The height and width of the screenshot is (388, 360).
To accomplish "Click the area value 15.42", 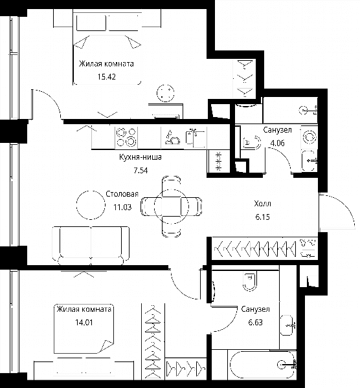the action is coord(107,77).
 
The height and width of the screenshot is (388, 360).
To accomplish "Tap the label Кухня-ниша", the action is coord(141,157).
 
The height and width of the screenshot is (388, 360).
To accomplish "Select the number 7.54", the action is coord(141,171).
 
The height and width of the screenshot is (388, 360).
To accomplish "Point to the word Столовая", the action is coord(122,194).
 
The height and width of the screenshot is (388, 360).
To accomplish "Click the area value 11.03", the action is coord(122,207).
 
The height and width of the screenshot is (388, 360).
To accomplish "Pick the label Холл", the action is coord(262,204).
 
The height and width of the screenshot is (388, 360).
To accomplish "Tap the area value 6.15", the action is coord(263,217).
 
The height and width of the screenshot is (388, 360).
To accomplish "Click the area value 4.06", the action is coord(277,143).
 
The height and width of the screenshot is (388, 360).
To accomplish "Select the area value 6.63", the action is coord(255,323).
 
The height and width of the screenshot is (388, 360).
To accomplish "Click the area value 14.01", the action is coord(84,323).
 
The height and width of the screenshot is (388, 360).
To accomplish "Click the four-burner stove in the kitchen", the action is coord(126,137).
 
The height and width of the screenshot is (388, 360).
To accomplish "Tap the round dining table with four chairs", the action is coord(171,206).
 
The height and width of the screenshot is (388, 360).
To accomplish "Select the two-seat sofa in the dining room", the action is coord(91,246).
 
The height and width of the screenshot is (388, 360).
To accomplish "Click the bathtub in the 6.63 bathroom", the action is coord(263,364).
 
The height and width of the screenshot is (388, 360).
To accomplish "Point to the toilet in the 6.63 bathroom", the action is coord(250,281).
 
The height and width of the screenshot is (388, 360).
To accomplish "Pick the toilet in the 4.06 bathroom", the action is coord(251,142).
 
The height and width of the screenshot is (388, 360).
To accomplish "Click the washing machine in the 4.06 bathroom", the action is coord(309,137).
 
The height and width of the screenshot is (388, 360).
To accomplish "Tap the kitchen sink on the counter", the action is coord(196,138).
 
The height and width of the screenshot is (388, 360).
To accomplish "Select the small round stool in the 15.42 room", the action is coord(166,93).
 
